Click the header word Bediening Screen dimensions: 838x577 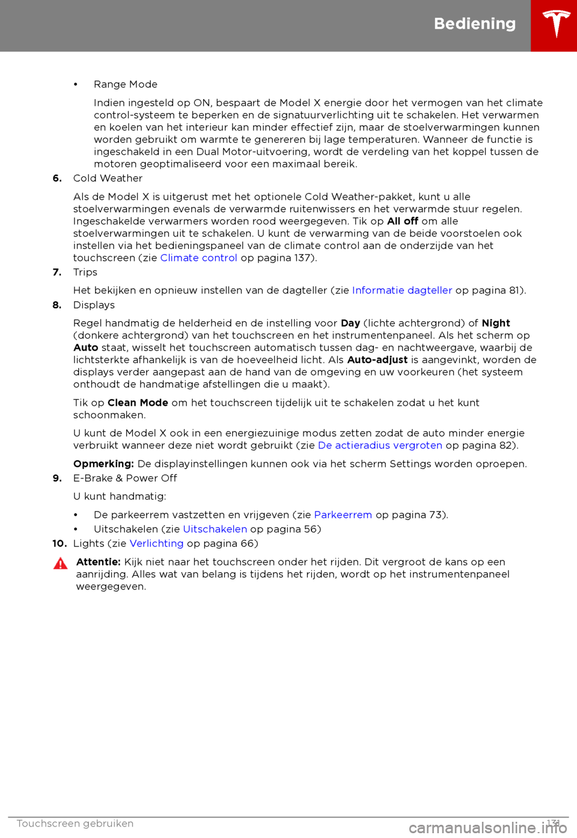pos(475,23)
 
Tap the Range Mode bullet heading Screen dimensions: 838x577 pos(126,85)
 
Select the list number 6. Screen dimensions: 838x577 pos(57,178)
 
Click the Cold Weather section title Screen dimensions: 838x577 pos(108,178)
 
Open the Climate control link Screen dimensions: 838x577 pos(198,258)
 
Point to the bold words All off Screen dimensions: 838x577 pos(403,222)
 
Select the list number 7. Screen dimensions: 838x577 pos(57,273)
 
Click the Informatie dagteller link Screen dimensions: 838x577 pos(401,291)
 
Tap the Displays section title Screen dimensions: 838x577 pos(94,305)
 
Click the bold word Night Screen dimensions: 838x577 pos(496,323)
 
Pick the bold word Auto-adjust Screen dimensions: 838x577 pos(377,360)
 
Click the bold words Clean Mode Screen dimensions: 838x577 pos(138,403)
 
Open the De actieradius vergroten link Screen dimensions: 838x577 pos(380,445)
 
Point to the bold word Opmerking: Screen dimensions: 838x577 pos(103,464)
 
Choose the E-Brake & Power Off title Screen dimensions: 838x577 pos(125,478)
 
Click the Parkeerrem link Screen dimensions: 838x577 pos(343,515)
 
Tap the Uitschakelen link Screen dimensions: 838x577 pos(215,529)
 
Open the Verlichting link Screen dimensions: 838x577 pos(156,544)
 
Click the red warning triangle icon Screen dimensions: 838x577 pos(60,564)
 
